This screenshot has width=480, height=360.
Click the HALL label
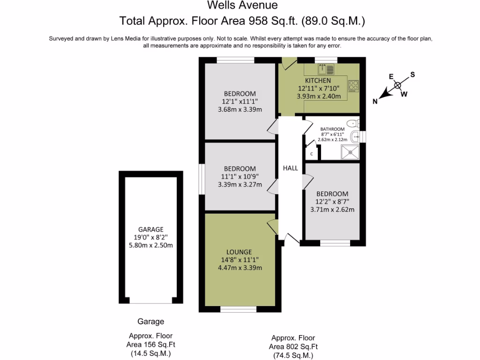click(290, 168)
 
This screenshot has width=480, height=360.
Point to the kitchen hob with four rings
click(353, 86)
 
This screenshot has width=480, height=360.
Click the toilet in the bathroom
click(355, 124)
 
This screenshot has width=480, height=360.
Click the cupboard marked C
click(312, 153)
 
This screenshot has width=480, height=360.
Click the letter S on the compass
click(412, 75)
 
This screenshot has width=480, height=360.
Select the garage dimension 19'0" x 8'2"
click(150, 237)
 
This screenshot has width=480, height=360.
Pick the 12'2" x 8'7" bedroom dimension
click(332, 202)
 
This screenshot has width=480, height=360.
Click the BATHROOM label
click(332, 129)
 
